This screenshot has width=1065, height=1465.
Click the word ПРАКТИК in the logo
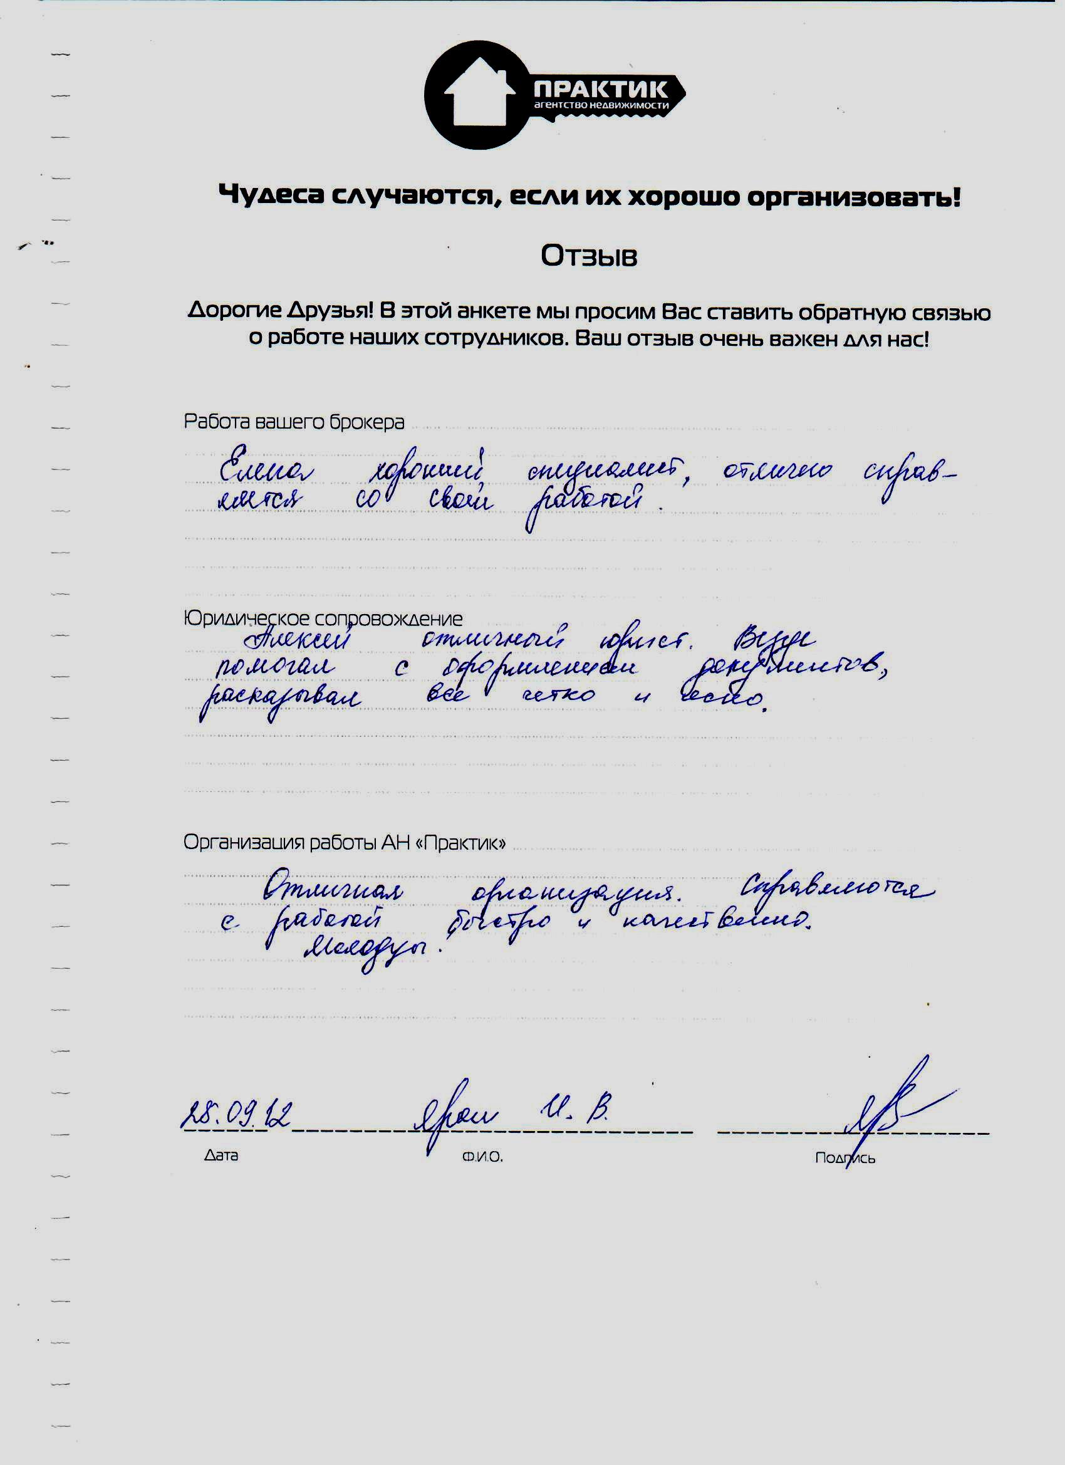601,88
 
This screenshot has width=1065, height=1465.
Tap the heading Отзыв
588,256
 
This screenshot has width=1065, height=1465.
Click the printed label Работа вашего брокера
294,422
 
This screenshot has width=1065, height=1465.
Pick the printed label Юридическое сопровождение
323,618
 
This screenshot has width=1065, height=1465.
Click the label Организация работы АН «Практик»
344,842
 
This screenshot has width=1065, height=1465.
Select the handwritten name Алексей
298,640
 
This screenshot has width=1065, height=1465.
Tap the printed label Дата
221,1155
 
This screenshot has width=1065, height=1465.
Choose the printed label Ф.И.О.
482,1157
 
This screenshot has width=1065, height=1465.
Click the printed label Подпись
844,1157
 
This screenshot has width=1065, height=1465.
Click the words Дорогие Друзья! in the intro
280,311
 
